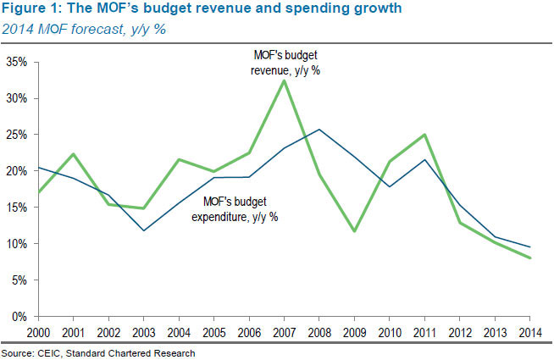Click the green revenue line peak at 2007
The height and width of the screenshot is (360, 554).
click(282, 80)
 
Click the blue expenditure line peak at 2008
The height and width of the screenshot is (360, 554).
click(318, 130)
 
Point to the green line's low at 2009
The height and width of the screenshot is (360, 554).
click(353, 231)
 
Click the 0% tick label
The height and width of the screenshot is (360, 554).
click(19, 317)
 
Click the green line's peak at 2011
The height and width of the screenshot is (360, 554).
click(424, 135)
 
